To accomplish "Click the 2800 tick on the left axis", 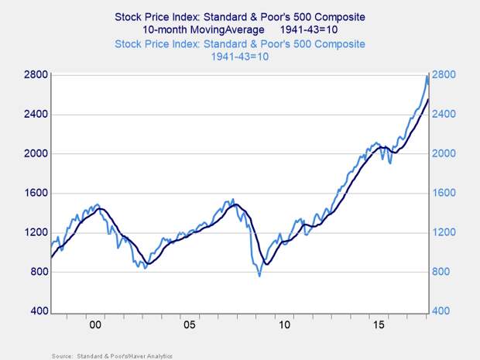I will click(x=37, y=75).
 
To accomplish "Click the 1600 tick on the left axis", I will click(x=37, y=194).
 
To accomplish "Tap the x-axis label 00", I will click(x=96, y=325).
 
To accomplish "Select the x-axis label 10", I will click(x=286, y=325).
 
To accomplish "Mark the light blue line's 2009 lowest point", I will click(x=259, y=276).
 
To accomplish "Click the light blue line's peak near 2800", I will click(x=427, y=75).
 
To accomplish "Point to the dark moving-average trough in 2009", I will click(x=266, y=264).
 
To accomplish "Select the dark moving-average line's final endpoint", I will click(x=429, y=99).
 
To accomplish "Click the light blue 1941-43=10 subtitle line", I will click(x=240, y=57).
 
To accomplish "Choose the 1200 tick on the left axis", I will click(x=37, y=233).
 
